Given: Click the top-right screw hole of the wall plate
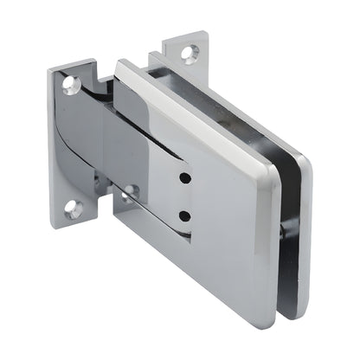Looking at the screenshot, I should pyautogui.click(x=189, y=53).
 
